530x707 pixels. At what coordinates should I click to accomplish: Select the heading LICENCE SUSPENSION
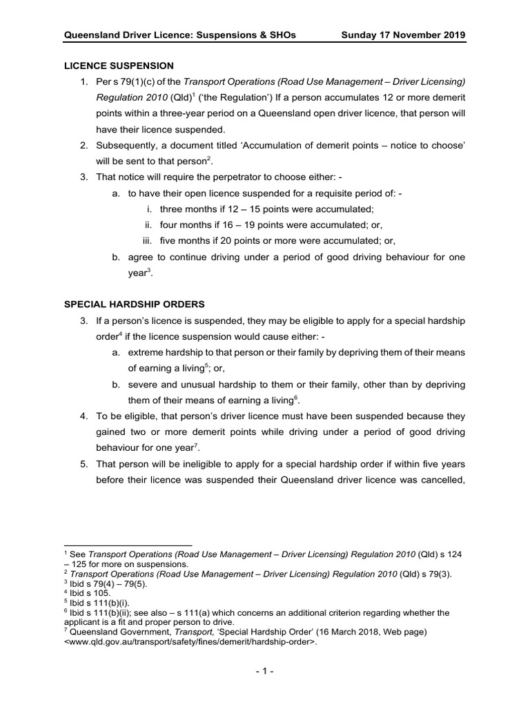(119, 66)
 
